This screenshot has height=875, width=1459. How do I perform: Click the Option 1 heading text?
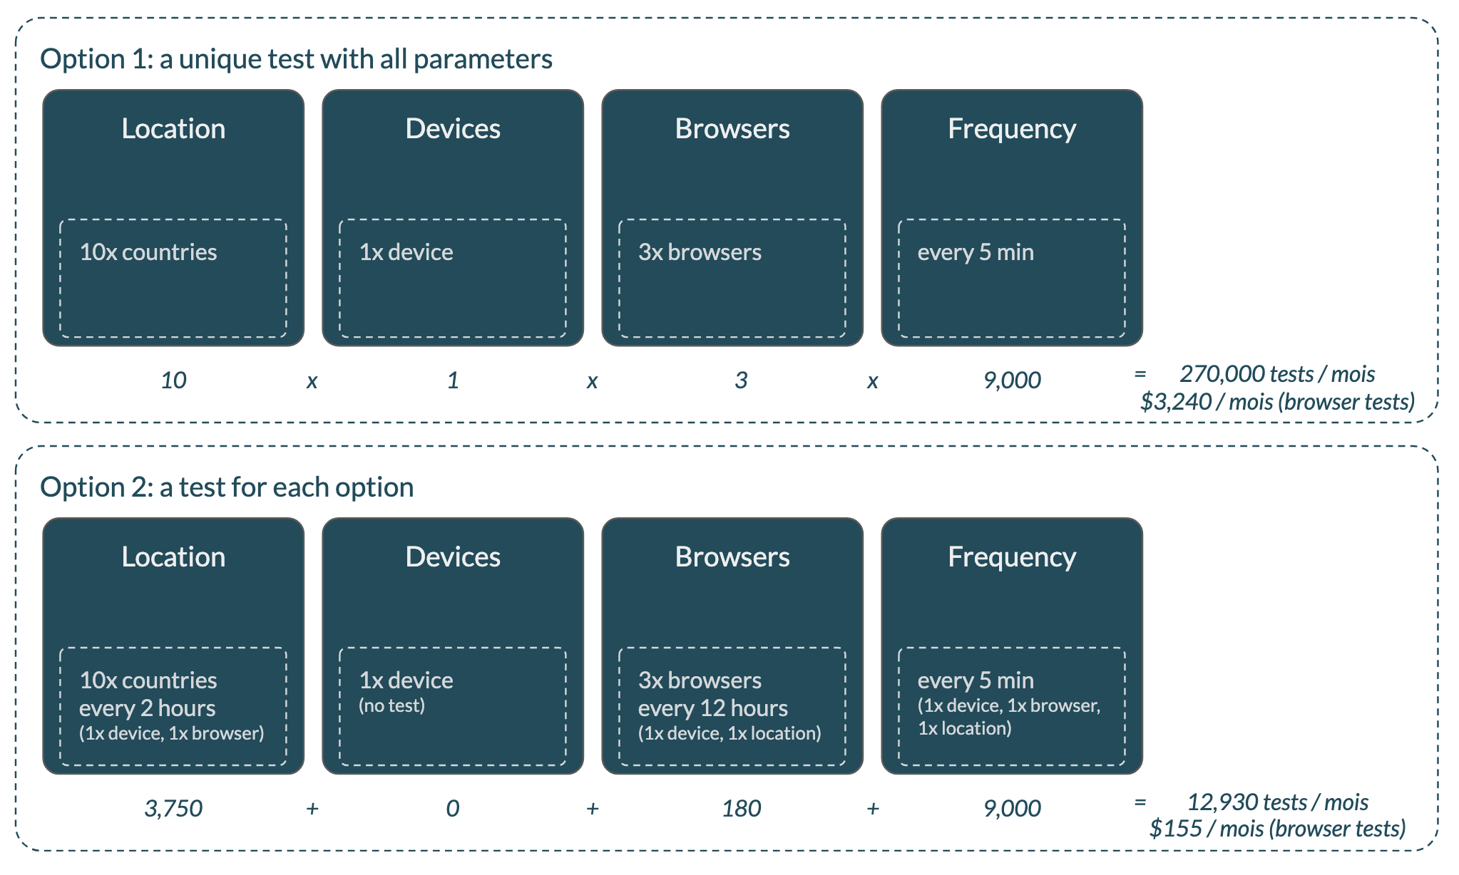point(296,59)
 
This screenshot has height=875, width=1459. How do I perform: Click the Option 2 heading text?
point(227,487)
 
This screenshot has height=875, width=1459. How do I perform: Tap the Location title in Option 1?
point(173,129)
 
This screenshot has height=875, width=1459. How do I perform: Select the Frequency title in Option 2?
point(1011,557)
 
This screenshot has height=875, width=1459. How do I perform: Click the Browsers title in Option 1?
point(732,129)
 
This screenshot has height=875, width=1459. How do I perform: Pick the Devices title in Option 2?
point(453,557)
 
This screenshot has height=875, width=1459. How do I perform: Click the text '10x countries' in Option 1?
point(148,252)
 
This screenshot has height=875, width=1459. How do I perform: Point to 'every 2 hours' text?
point(147,708)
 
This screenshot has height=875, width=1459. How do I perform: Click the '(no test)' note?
point(391,705)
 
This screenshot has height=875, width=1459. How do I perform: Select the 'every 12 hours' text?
point(712,708)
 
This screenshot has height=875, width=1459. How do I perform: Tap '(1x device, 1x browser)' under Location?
point(171,733)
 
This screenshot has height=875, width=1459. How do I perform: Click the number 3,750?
point(173,809)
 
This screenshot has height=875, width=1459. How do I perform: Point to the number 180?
point(741,809)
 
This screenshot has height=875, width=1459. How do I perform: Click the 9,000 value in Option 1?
point(1012,380)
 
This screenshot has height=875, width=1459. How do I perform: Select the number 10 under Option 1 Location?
point(173,380)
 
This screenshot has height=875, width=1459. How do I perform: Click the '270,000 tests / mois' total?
point(1276,374)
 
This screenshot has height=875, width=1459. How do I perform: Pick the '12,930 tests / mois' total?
point(1276,802)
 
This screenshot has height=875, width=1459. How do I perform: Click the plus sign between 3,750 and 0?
point(312,809)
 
